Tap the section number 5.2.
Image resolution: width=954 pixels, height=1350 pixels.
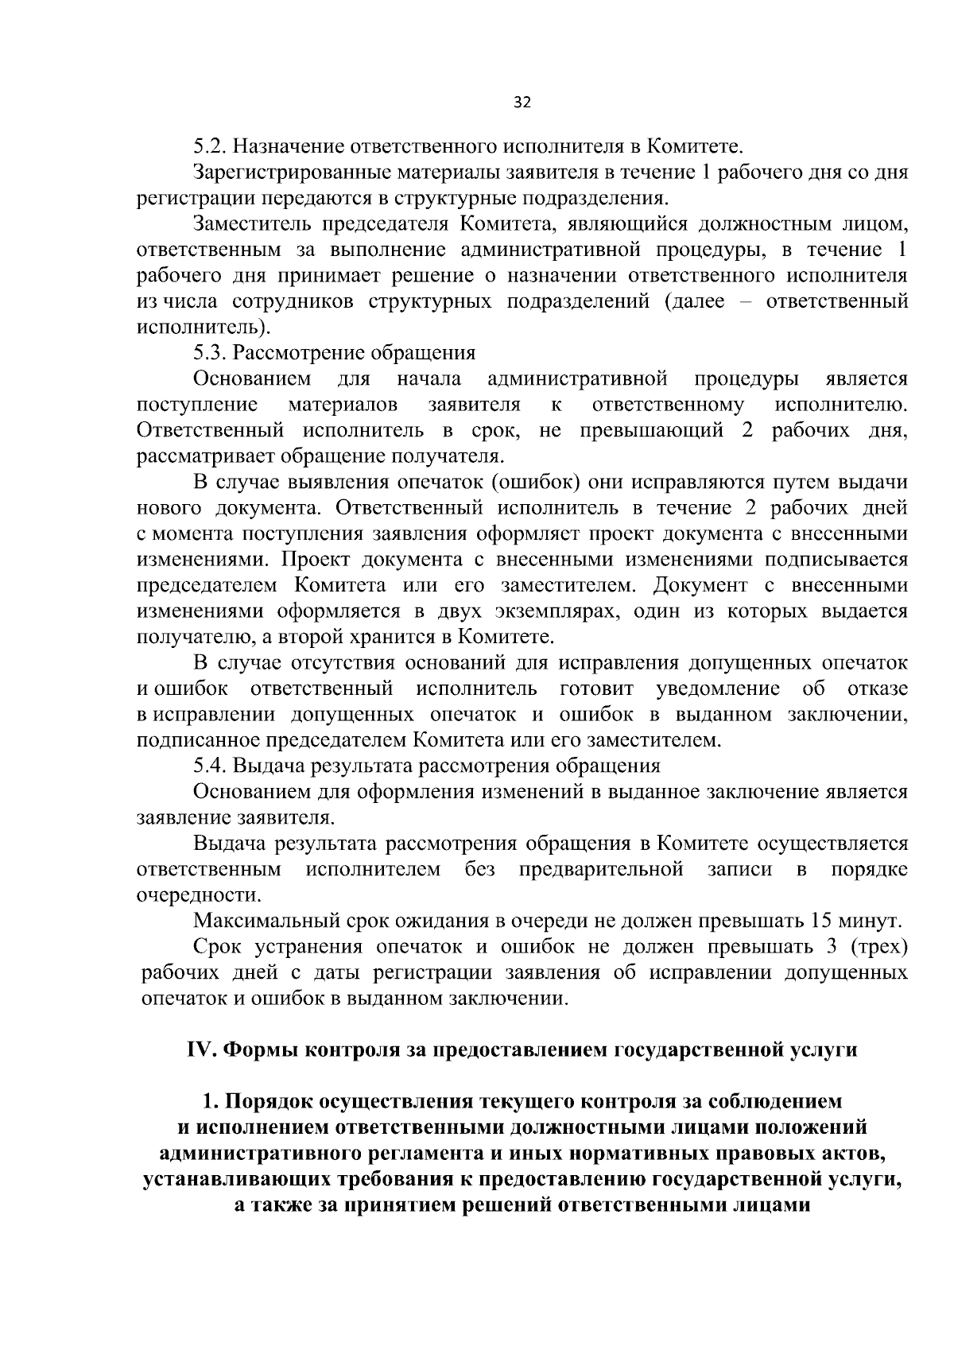pos(209,147)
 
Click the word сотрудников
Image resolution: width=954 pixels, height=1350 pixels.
pos(289,302)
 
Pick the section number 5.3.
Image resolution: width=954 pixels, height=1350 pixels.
pos(209,353)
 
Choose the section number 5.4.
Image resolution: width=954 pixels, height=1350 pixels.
pos(209,766)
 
